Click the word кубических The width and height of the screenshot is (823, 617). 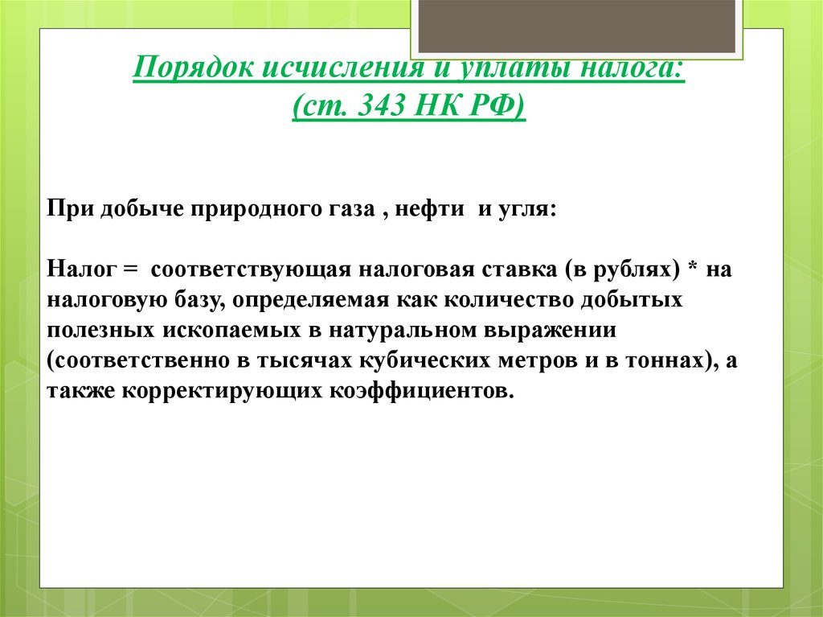click(x=430, y=360)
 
